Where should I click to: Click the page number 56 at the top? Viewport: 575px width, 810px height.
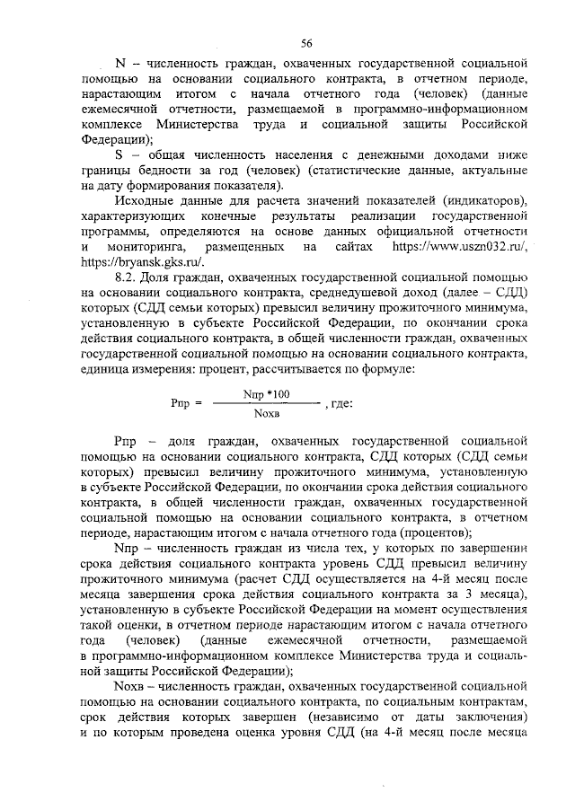coord(306,43)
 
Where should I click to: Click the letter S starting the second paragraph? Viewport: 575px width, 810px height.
coord(119,154)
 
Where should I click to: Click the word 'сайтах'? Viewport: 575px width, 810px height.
coord(355,246)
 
